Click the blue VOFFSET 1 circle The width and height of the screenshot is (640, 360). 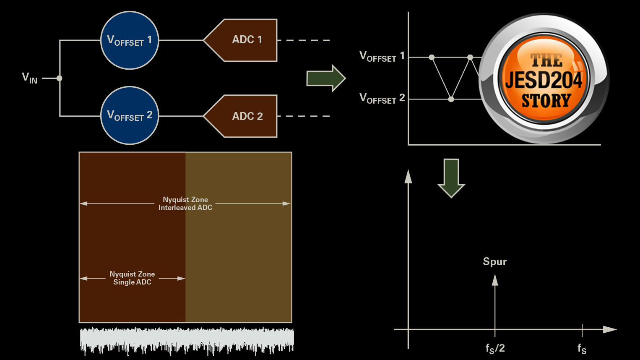130,40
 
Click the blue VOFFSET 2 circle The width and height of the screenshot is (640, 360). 130,115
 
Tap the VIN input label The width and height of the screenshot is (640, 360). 29,78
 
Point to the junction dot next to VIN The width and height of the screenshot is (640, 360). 60,78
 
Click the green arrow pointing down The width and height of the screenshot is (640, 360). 451,177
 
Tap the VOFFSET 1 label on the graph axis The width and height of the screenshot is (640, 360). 382,57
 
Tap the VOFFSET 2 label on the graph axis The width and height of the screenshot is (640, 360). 382,99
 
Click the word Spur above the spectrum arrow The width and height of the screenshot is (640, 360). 495,262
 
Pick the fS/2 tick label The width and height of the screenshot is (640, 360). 495,348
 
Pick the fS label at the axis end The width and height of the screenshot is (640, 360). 582,349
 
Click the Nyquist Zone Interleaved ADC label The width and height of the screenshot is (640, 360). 185,203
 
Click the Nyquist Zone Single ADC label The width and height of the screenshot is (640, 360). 132,278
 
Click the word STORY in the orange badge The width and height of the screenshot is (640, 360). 546,101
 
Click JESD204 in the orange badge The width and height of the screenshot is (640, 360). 544,80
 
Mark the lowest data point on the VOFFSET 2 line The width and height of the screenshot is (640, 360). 451,99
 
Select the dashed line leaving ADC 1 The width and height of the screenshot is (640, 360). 304,40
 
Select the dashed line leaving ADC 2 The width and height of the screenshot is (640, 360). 304,116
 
